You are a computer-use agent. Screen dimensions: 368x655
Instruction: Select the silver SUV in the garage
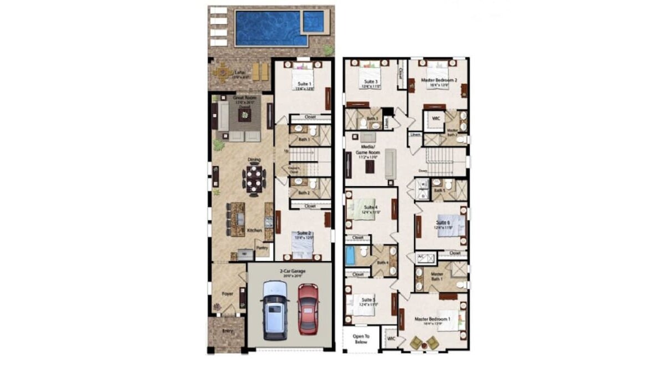(275, 310)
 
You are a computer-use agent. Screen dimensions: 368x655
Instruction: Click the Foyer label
(227, 293)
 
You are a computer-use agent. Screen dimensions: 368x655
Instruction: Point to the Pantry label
(262, 248)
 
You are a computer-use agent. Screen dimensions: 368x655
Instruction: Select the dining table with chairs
(254, 180)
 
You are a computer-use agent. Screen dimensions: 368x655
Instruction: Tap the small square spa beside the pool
(313, 22)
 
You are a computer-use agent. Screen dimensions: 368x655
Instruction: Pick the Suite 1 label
(303, 84)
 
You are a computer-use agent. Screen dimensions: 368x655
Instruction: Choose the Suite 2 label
(304, 233)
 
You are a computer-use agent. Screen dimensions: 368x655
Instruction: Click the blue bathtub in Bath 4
(350, 256)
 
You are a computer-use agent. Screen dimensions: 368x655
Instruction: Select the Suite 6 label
(443, 222)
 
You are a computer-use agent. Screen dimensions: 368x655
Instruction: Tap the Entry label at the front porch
(227, 331)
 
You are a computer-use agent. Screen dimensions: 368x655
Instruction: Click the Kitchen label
(254, 230)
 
